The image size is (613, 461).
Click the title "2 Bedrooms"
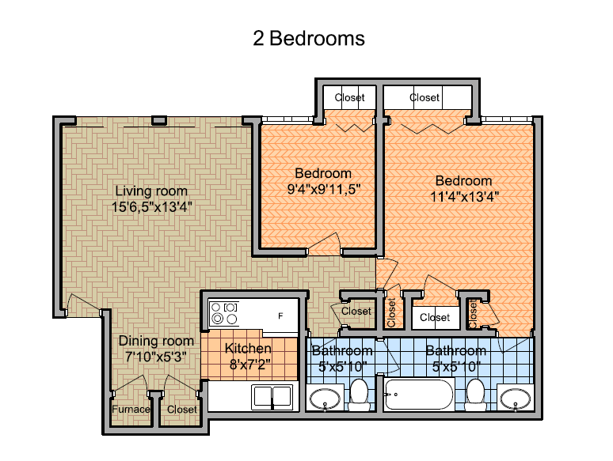(x=309, y=39)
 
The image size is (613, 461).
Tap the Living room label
(x=151, y=191)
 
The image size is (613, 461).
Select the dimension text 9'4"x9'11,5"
(x=324, y=189)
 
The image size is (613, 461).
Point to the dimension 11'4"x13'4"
(x=464, y=196)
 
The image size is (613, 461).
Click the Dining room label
(x=156, y=341)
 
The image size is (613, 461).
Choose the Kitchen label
(x=248, y=348)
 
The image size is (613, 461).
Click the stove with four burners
(x=224, y=313)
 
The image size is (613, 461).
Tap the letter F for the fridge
(x=280, y=316)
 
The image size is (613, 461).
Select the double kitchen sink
(x=272, y=397)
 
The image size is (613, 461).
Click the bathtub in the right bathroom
(x=419, y=395)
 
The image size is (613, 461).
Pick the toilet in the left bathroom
(x=359, y=395)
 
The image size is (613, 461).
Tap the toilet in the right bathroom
(x=476, y=395)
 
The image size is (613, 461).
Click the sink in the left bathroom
(x=325, y=399)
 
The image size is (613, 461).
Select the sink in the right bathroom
(x=516, y=399)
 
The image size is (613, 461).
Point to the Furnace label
(x=131, y=409)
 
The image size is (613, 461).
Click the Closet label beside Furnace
(x=182, y=409)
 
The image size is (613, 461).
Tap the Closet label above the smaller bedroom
(x=349, y=97)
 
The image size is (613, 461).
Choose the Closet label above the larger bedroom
(x=425, y=97)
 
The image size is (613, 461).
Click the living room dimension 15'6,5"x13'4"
(x=152, y=207)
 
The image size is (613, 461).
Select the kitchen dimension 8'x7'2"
(x=249, y=365)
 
